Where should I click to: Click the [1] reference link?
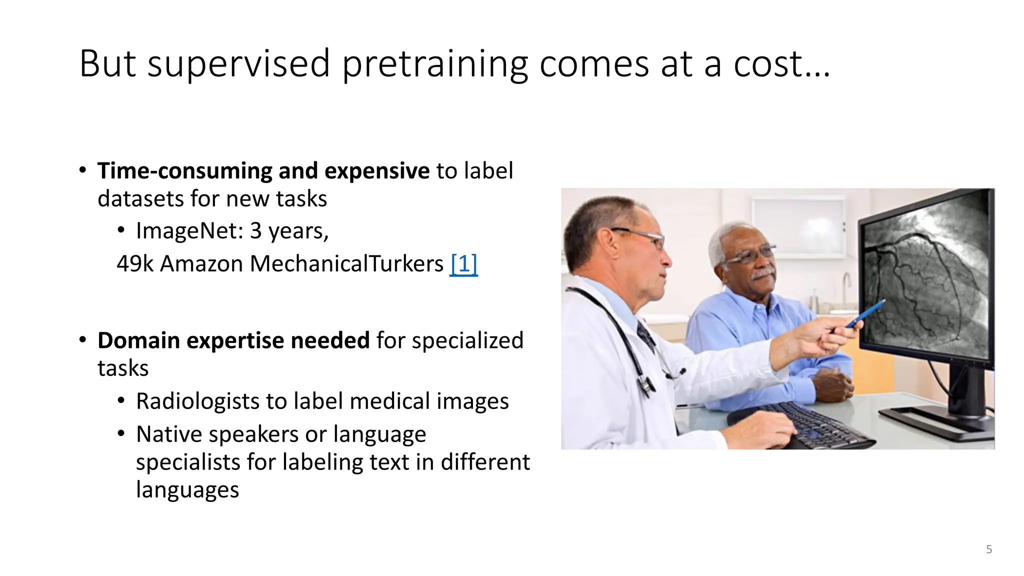click(463, 263)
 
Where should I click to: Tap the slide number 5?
click(989, 549)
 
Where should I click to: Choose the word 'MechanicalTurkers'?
click(346, 263)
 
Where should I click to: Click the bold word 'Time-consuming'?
click(184, 171)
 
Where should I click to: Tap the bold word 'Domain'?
click(138, 340)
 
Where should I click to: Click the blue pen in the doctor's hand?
click(866, 313)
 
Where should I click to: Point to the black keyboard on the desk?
click(820, 425)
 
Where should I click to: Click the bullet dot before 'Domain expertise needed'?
click(82, 340)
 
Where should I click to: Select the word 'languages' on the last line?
click(187, 490)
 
